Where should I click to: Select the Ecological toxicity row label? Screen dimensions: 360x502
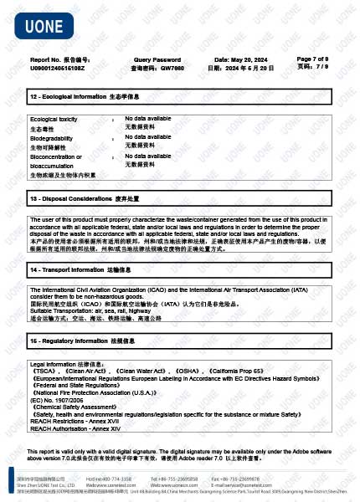pyautogui.click(x=54, y=120)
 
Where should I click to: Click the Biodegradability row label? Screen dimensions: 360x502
pyautogui.click(x=51, y=138)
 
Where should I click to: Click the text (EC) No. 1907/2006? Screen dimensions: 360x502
pyautogui.click(x=58, y=401)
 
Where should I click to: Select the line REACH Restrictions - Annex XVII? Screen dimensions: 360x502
pyautogui.click(x=75, y=422)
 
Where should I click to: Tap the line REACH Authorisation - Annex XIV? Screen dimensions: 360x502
pyautogui.click(x=75, y=428)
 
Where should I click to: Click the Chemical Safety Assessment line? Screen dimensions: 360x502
pyautogui.click(x=85, y=407)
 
